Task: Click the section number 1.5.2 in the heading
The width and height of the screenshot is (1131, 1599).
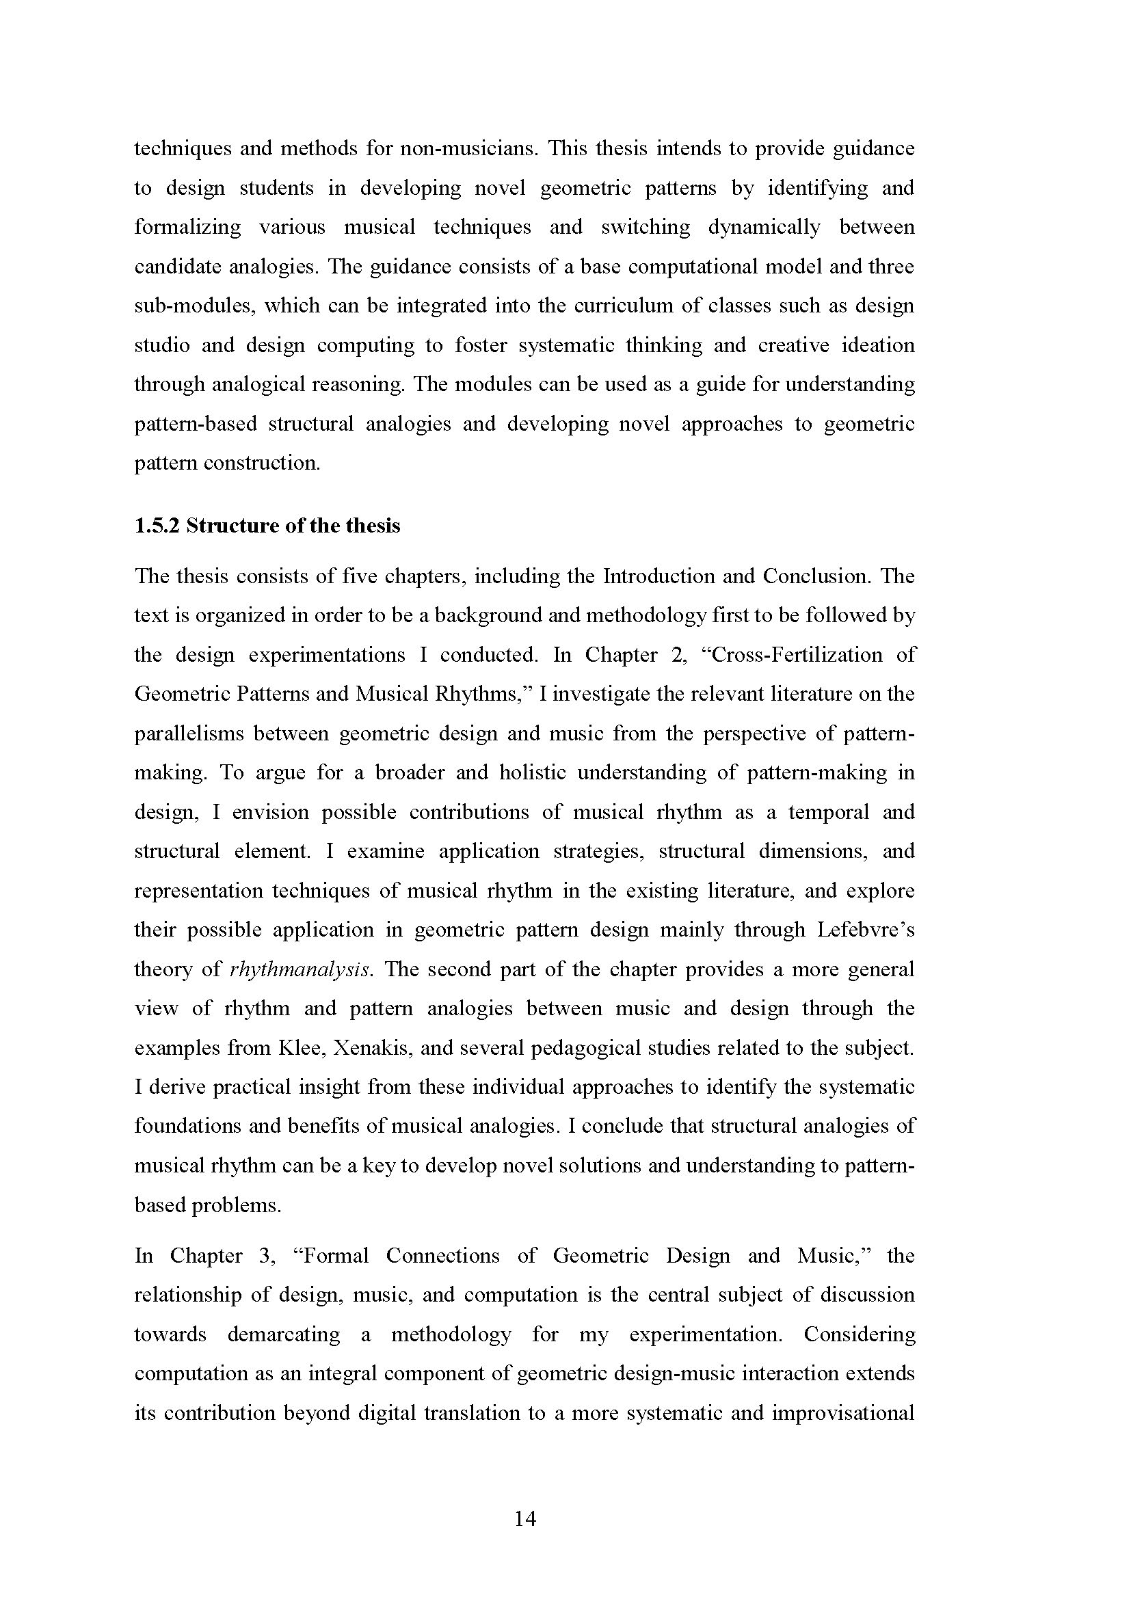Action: [x=157, y=526]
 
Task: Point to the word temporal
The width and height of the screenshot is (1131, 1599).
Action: [x=829, y=813]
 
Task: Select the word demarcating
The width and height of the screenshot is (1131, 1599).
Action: [x=284, y=1335]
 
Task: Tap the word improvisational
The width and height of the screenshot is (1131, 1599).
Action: [x=843, y=1414]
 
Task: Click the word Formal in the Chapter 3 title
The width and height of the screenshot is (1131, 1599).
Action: [x=336, y=1257]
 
